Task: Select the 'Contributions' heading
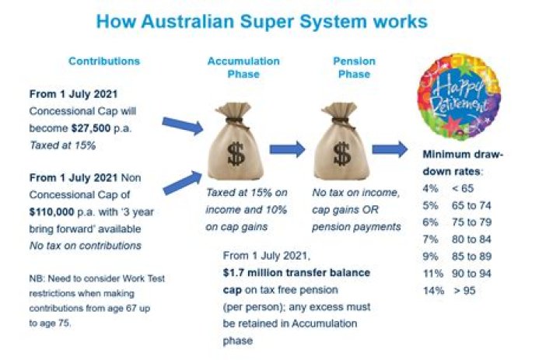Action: [x=104, y=61]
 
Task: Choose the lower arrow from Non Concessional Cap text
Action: [x=181, y=183]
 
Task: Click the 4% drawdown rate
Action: [x=427, y=187]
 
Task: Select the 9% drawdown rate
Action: [x=427, y=256]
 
